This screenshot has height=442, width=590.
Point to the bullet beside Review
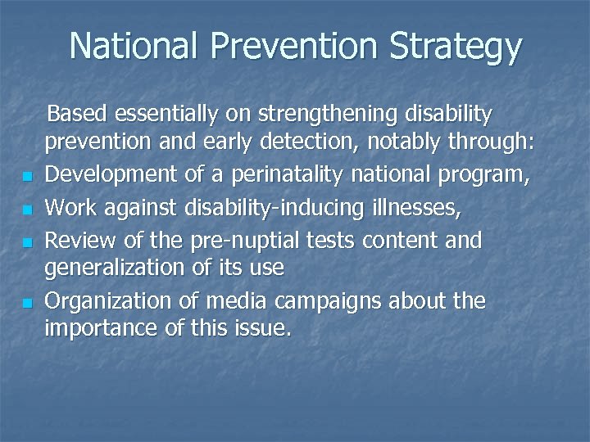click(x=27, y=243)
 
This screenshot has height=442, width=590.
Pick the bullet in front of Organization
click(x=27, y=304)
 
